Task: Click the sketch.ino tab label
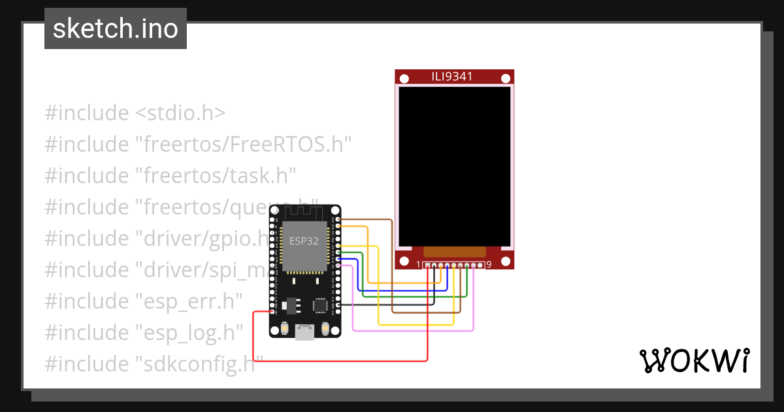[x=116, y=29]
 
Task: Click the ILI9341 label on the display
[x=452, y=77]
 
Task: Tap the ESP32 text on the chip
[x=304, y=241]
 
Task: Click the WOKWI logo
[x=693, y=360]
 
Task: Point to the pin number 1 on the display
[x=419, y=265]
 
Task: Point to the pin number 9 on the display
[x=489, y=265]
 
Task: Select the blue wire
[x=405, y=290]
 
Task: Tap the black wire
[x=392, y=304]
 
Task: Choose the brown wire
[x=425, y=312]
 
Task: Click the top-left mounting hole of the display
[x=404, y=79]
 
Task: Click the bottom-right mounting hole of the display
[x=505, y=262]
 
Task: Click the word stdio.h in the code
[x=181, y=113]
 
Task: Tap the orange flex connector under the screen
[x=455, y=252]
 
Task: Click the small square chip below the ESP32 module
[x=321, y=305]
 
